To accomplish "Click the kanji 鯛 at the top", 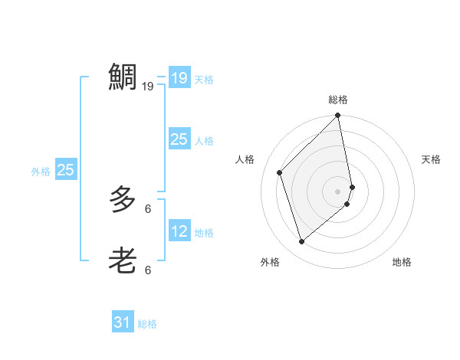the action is [x=123, y=77].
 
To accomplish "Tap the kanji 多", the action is [x=123, y=200].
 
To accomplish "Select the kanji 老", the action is [x=123, y=261].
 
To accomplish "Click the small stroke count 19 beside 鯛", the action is [x=148, y=87].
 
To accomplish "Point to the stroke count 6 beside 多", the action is [x=148, y=208].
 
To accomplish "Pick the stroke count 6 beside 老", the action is [x=148, y=270].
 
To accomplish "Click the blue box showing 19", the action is [x=179, y=78].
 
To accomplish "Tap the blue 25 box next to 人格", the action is [x=179, y=139].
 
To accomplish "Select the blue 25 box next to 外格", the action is [x=66, y=170].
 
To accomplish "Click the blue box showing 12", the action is [x=179, y=231].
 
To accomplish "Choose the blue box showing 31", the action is [x=122, y=322].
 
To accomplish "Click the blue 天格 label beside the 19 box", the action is [x=204, y=79].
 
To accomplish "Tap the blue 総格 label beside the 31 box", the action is [x=147, y=324].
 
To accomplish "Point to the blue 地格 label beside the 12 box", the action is [x=204, y=232].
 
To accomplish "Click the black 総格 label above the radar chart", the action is [x=338, y=100].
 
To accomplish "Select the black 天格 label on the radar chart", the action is [x=432, y=159].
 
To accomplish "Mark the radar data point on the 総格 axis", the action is [x=338, y=116].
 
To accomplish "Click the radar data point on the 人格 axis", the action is [x=280, y=172].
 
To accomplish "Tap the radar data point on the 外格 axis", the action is [x=302, y=241].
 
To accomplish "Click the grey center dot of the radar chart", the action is [x=338, y=191].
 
